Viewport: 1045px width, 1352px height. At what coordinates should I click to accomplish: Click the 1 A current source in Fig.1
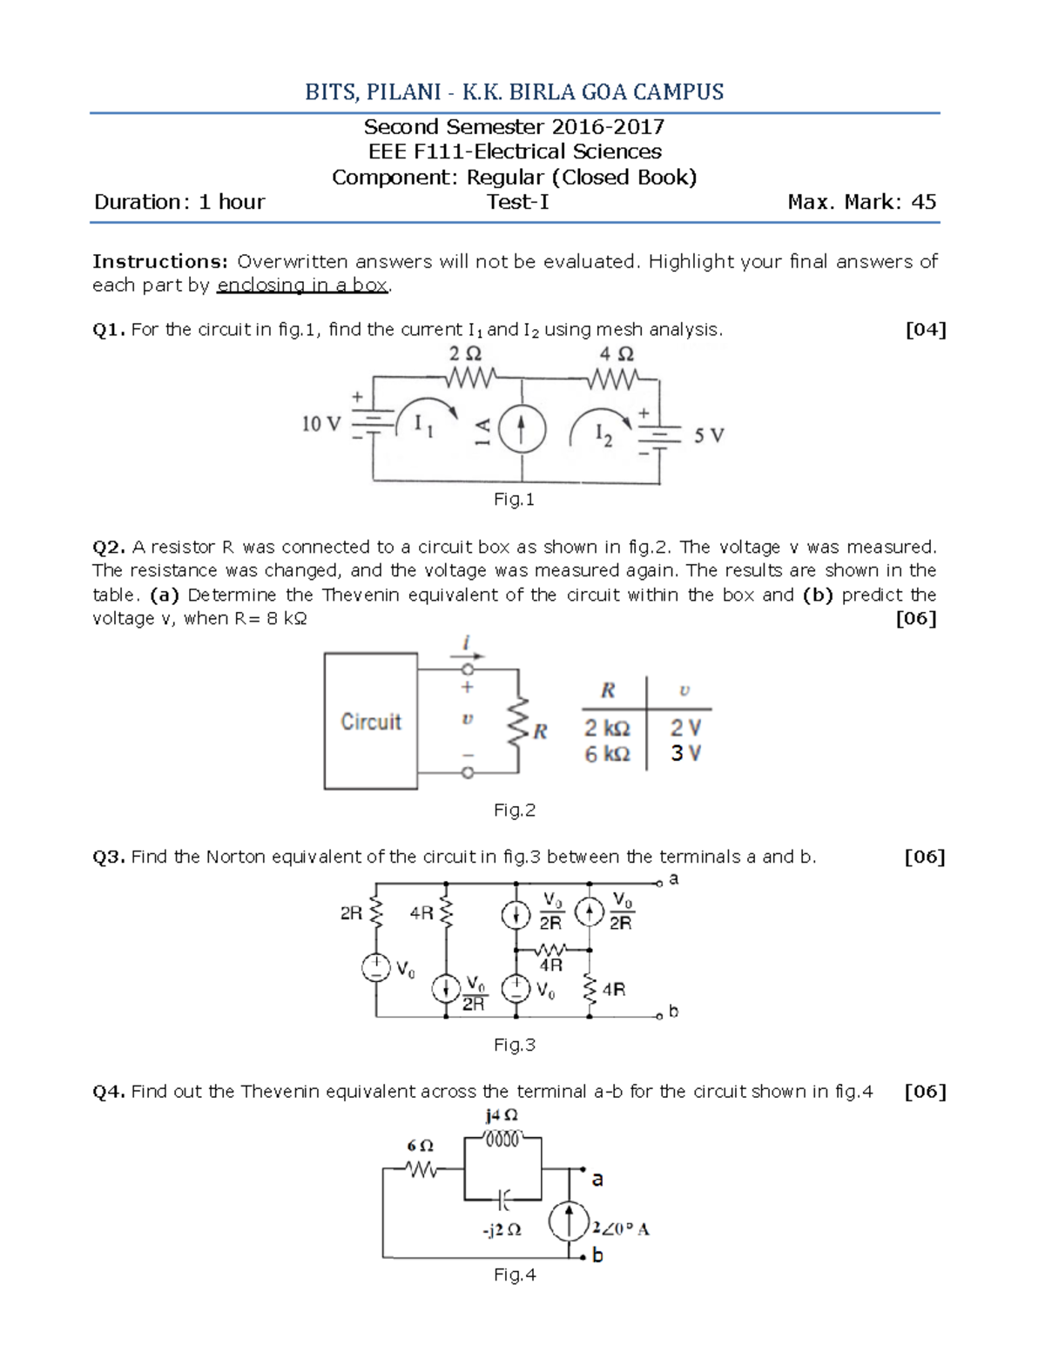point(521,429)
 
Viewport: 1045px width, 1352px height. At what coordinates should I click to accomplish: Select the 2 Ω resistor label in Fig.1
point(464,354)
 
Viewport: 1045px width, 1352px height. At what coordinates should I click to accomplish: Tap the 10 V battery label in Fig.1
point(320,424)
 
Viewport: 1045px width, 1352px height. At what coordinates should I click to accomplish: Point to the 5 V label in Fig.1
point(708,435)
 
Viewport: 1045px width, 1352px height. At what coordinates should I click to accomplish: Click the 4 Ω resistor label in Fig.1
point(617,354)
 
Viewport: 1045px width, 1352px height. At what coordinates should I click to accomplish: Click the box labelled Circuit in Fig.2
point(371,722)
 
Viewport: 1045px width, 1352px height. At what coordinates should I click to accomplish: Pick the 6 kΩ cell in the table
point(607,754)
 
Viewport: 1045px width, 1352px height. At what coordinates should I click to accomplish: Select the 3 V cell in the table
point(685,754)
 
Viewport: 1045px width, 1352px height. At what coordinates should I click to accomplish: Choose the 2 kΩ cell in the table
point(607,729)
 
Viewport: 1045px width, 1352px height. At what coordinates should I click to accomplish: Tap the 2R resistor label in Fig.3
point(352,913)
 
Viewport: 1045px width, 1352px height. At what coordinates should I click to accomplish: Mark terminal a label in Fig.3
point(673,879)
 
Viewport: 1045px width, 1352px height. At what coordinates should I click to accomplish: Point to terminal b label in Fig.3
point(673,1012)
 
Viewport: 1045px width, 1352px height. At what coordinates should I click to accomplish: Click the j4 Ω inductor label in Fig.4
point(502,1115)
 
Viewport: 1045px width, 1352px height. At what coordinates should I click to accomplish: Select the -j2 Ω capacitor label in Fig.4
point(502,1230)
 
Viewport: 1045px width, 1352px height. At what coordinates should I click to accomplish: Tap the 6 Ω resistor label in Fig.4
point(420,1146)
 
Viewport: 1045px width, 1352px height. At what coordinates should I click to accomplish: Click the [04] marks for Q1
point(925,330)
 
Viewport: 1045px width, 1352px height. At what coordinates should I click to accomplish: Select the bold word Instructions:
point(160,261)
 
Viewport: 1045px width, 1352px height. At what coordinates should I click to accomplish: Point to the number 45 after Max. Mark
point(923,202)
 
